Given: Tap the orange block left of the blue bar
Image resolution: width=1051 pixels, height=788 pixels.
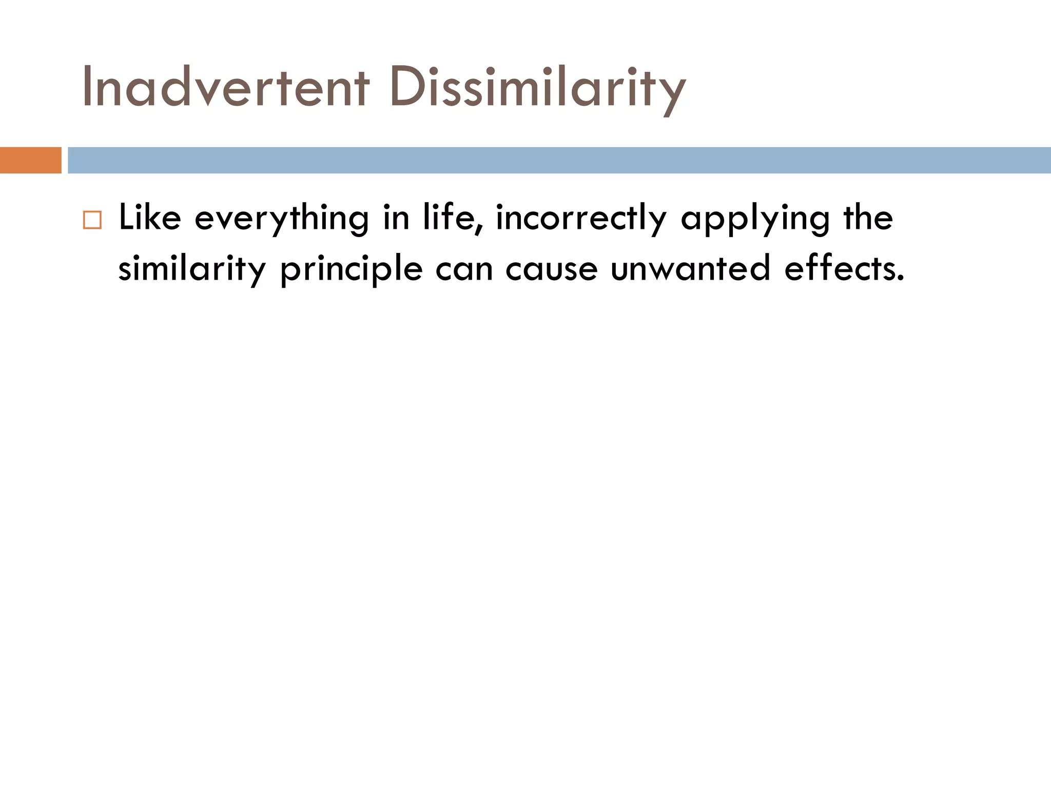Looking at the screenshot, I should [30, 160].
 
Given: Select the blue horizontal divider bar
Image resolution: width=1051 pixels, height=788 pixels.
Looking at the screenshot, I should [559, 160].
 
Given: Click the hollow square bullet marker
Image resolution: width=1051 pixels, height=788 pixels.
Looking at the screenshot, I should [92, 220].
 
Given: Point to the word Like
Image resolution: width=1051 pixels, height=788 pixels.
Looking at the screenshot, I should [150, 218].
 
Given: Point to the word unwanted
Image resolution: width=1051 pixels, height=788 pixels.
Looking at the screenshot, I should [690, 268].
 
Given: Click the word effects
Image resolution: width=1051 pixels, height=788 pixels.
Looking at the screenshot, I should [844, 268].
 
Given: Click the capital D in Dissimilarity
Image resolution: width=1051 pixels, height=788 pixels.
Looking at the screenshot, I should [407, 87].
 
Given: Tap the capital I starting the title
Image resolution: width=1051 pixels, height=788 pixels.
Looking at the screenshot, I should [88, 87].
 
